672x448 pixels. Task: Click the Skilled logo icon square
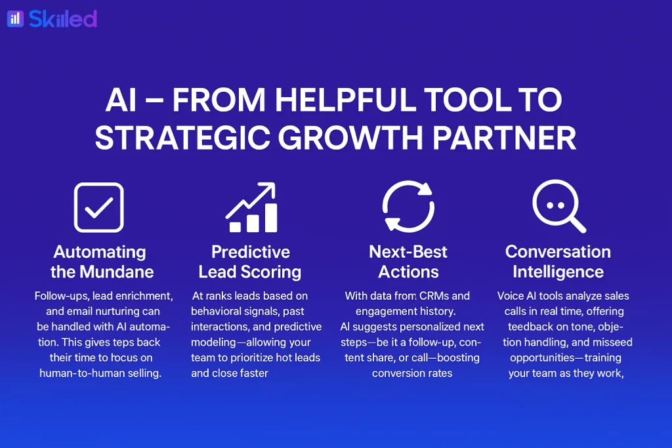click(x=16, y=19)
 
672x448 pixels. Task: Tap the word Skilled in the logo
click(x=63, y=19)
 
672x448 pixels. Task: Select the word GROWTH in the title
click(x=350, y=138)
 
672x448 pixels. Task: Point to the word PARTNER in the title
click(x=504, y=138)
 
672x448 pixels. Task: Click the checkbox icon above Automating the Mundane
click(x=99, y=207)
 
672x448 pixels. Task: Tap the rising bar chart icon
click(x=251, y=207)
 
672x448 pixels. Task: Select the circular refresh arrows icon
click(x=408, y=207)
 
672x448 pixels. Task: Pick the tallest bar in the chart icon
click(x=271, y=218)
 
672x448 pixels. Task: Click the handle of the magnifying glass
click(x=577, y=223)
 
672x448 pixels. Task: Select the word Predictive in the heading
click(x=251, y=252)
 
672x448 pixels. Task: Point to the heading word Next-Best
click(x=408, y=252)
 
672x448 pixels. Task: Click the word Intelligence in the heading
click(x=558, y=272)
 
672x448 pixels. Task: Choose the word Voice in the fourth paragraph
click(x=510, y=296)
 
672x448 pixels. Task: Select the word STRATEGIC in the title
click(x=182, y=138)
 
